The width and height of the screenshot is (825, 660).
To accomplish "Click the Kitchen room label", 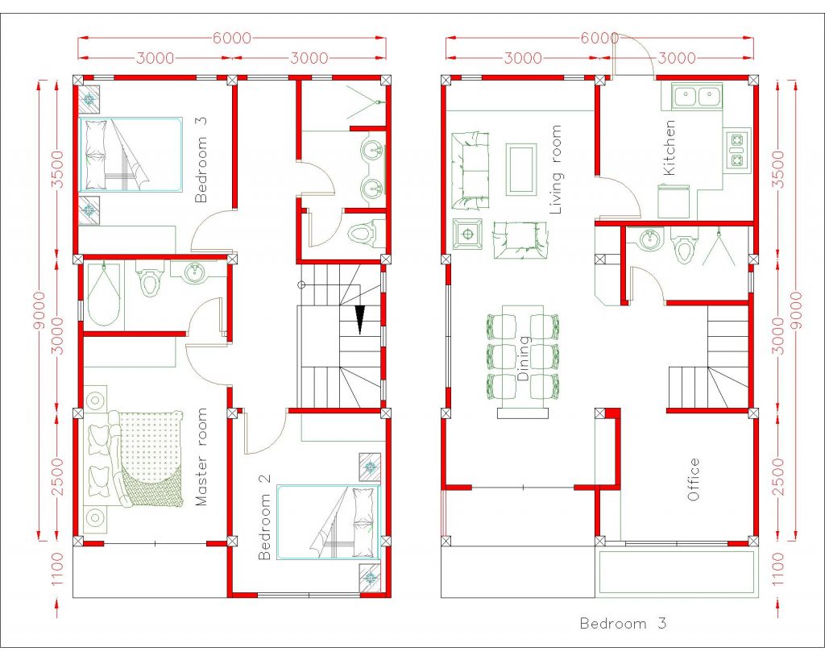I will click(x=670, y=147).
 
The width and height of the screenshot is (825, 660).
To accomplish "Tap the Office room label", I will click(x=694, y=479).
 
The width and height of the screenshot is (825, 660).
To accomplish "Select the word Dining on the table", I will click(x=524, y=359).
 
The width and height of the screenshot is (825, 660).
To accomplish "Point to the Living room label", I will click(x=555, y=181).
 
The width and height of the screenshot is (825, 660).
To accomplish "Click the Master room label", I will click(x=201, y=457).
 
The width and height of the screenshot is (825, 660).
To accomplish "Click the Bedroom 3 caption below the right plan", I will click(x=623, y=623).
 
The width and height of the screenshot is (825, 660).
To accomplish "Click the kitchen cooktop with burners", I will click(x=736, y=150).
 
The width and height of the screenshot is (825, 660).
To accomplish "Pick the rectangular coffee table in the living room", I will click(x=521, y=168).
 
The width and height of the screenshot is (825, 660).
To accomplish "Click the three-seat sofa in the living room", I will click(x=471, y=169).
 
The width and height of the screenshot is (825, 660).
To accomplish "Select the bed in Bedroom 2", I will click(x=328, y=521).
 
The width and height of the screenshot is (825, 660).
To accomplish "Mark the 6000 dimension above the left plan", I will click(x=231, y=38).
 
